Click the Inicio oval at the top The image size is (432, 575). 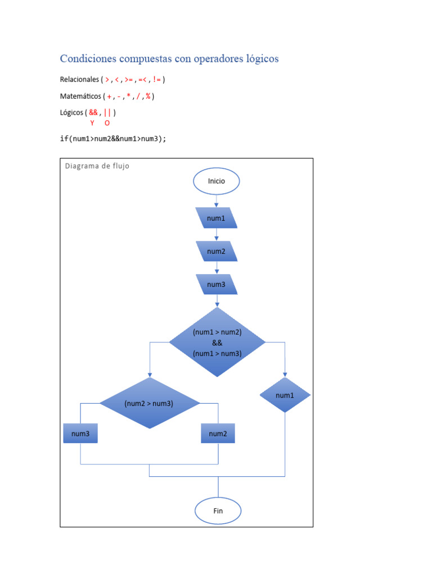217,181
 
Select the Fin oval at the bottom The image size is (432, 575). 218,511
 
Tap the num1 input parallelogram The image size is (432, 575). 217,218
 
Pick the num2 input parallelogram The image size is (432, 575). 217,251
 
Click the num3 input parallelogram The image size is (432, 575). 217,285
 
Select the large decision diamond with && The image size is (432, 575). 217,342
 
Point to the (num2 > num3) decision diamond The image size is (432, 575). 149,403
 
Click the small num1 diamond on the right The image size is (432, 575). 285,395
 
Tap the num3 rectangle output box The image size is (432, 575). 80,433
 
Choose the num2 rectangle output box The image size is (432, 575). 218,433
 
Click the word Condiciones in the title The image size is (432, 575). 88,59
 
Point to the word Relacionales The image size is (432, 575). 79,80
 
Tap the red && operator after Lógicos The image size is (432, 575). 93,112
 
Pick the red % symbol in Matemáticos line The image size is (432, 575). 148,96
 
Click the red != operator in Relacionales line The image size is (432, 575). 156,80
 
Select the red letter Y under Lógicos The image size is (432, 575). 92,123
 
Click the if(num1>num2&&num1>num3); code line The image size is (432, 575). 113,139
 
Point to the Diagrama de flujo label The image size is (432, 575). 97,166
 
